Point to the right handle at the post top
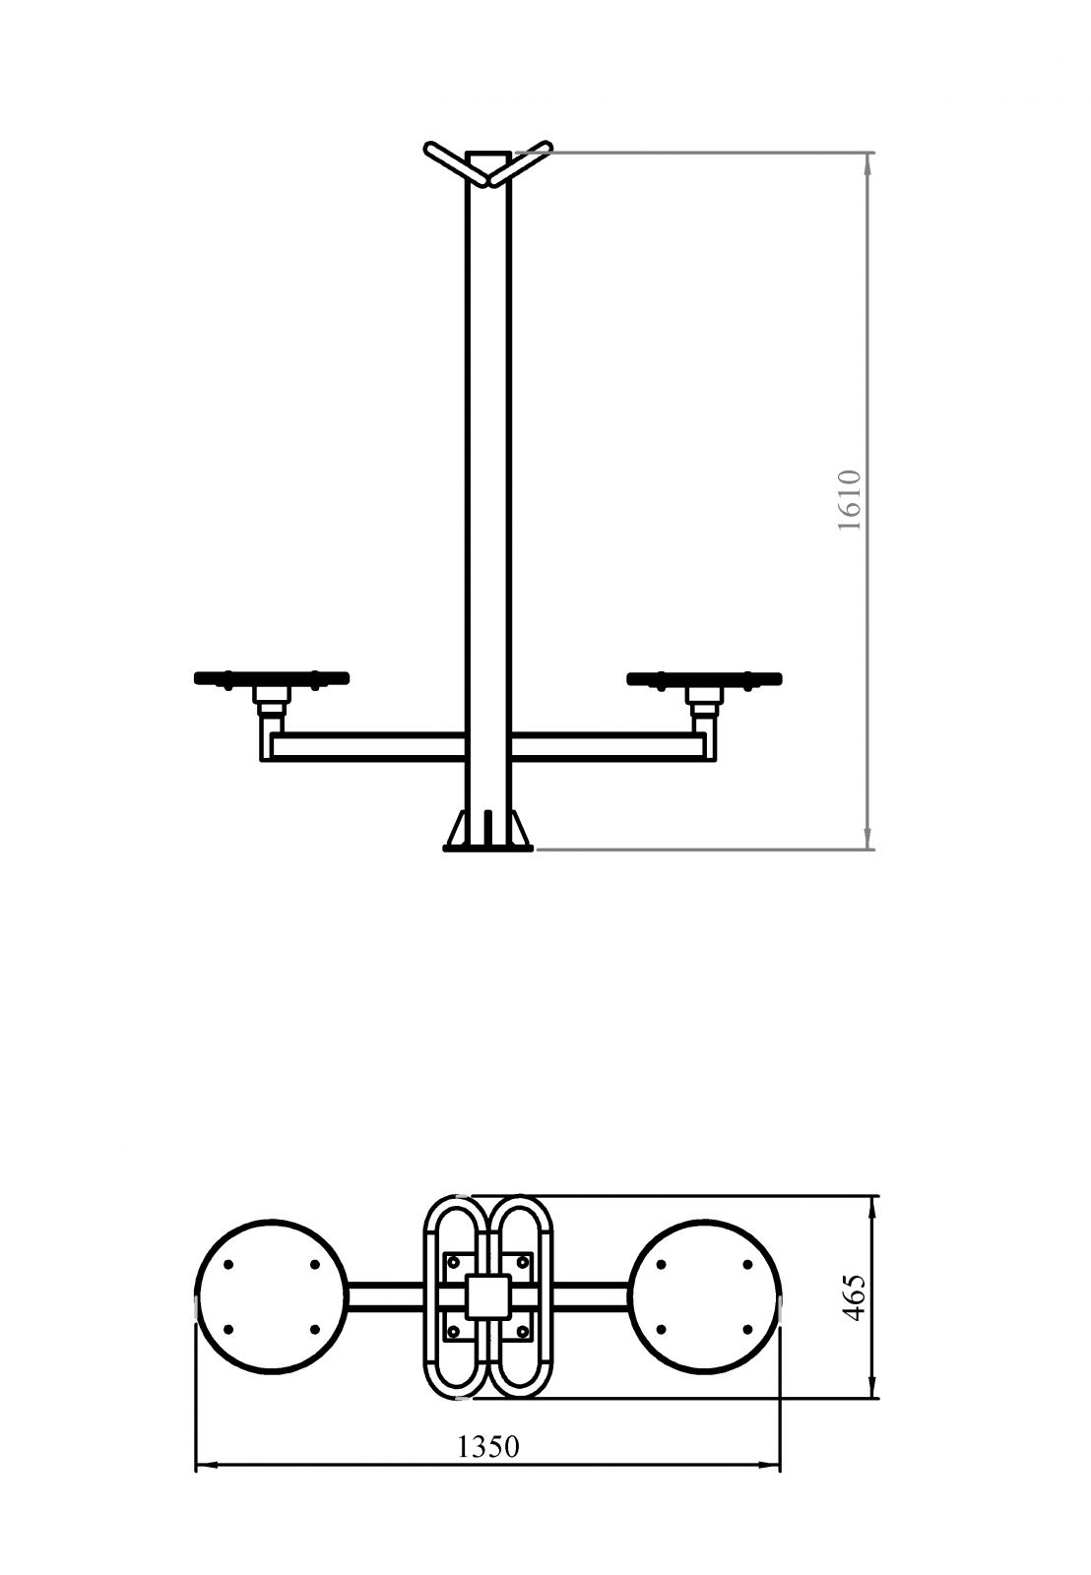[521, 163]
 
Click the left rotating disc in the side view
[272, 678]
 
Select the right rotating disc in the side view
[704, 678]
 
